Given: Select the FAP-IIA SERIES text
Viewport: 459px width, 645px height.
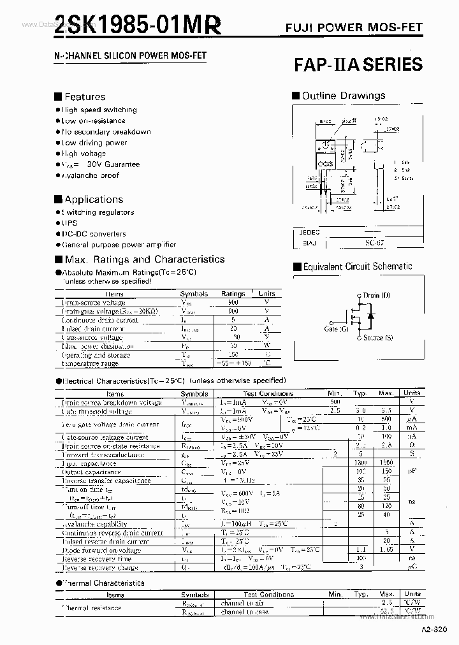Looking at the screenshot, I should pos(358,64).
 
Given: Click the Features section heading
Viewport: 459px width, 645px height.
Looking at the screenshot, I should pos(85,97).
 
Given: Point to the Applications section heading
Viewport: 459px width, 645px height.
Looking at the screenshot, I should pos(93,199).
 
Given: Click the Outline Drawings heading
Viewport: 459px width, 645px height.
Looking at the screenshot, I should pos(343,96).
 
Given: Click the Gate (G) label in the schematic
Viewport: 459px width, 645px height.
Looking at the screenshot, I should pos(336,329).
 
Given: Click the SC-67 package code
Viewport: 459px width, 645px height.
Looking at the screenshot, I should pos(374,243).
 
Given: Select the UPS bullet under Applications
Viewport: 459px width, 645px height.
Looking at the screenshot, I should pos(69,223).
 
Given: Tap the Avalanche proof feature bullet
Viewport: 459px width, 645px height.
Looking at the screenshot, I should pos(90,175).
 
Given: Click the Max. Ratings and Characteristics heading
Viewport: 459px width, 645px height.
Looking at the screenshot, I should pos(144,259).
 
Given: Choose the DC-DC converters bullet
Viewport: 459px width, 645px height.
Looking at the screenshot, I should pos(94,234).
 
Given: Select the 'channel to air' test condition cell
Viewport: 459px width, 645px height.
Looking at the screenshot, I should pos(242,603).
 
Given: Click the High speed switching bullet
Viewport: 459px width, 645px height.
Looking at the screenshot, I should pos(99,110).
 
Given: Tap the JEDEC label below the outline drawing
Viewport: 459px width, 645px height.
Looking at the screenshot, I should pos(309,233).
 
